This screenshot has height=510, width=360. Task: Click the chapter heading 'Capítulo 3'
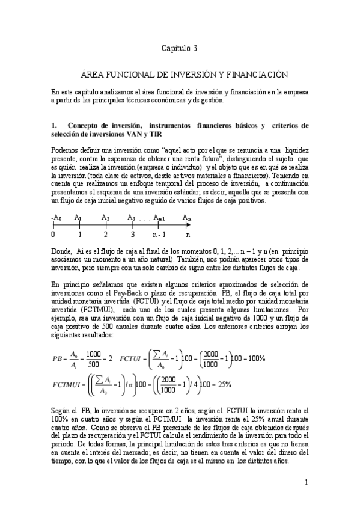[180, 46]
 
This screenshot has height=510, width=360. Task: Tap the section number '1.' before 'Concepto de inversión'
[54, 126]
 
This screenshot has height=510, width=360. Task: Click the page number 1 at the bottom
[306, 482]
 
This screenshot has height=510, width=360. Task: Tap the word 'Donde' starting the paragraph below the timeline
[62, 248]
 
